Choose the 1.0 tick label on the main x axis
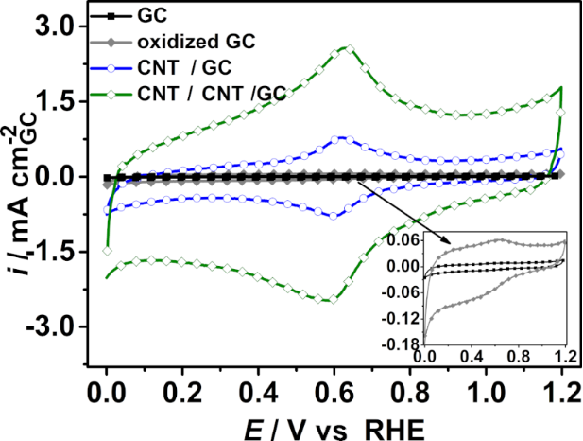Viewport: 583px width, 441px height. coord(487,388)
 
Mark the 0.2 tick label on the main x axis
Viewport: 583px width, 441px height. coord(182,388)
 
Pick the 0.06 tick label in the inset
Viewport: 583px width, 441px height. coord(406,241)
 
